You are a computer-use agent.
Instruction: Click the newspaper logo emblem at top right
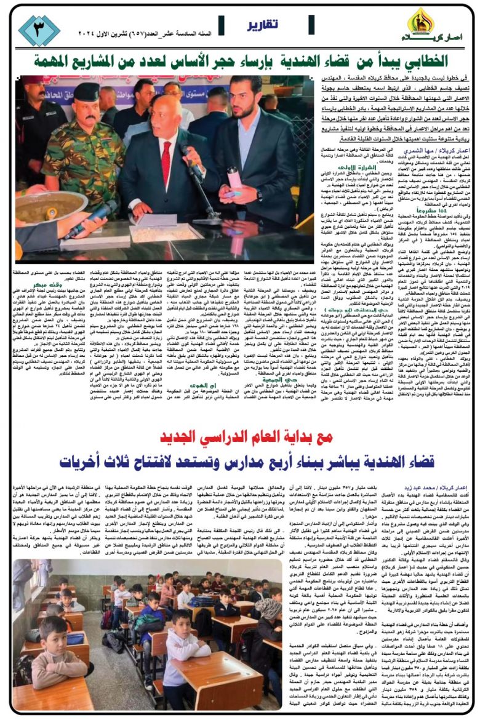coord(422,22)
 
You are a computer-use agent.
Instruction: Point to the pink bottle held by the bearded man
coord(234,179)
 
